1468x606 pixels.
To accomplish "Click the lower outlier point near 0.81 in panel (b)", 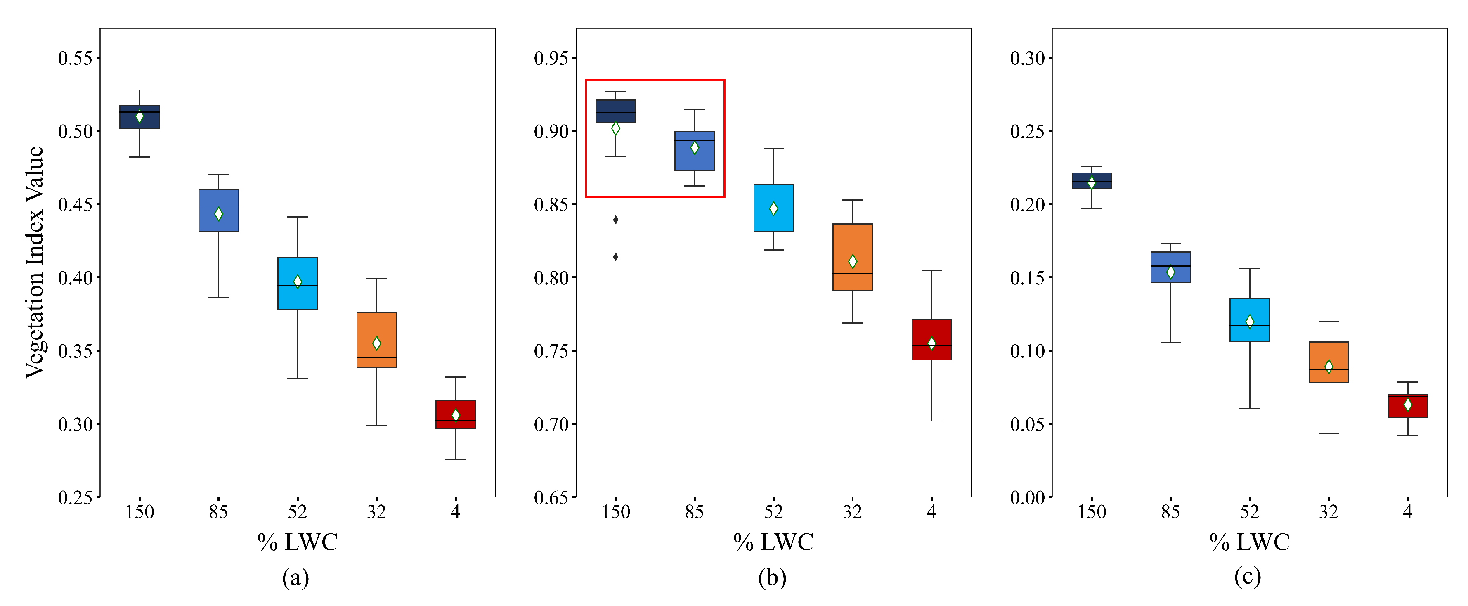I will [x=615, y=257].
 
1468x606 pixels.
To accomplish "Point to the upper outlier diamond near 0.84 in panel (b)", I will [x=615, y=220].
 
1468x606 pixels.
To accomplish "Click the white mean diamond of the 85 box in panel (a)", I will [x=218, y=214].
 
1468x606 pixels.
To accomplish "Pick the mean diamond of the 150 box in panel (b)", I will [x=615, y=129].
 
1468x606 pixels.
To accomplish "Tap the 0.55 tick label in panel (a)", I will [x=75, y=58].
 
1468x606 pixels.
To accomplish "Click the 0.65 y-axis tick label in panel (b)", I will [x=551, y=498].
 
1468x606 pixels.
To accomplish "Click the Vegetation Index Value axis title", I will [x=34, y=262].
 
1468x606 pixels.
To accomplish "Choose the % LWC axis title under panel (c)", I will [x=1249, y=542].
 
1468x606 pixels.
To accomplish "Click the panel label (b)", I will [x=772, y=578].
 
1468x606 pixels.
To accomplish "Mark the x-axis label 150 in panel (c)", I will [x=1091, y=512].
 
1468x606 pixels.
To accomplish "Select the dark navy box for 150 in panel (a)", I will [x=139, y=123].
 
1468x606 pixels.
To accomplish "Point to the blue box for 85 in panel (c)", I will [x=1170, y=259].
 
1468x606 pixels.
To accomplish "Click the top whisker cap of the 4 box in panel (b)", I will [x=932, y=271].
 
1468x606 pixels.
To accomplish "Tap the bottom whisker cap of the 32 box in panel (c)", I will [x=1329, y=434].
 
